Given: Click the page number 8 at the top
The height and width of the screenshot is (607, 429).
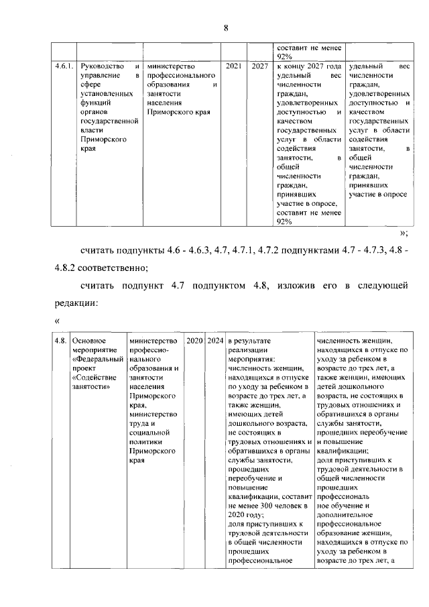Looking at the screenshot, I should [226, 27].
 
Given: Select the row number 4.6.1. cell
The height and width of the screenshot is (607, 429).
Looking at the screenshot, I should [64, 67].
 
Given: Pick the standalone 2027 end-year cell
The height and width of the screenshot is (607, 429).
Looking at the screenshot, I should [260, 67].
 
